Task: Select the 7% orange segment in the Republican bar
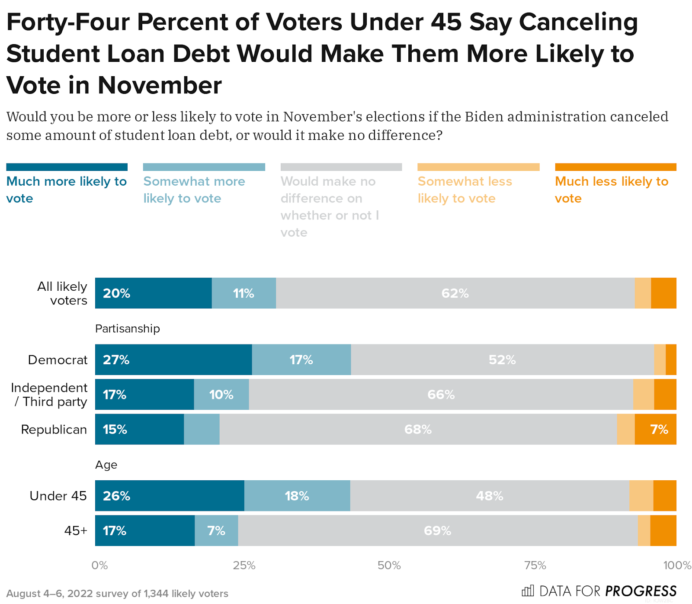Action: pos(655,429)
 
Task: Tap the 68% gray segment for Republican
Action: pos(418,429)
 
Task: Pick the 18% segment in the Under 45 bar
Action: pos(297,496)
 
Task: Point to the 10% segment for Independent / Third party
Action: pos(221,395)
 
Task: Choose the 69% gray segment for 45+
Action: pos(438,530)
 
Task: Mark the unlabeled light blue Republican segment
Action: pos(202,429)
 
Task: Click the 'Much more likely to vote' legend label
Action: pos(66,190)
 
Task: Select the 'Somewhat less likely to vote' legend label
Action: pos(465,190)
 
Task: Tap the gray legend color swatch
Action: pos(341,167)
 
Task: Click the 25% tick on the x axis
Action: pos(244,565)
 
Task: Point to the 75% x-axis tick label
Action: pos(535,565)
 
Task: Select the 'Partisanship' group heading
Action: pos(128,329)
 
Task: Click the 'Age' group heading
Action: pos(106,465)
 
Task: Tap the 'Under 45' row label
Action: pos(58,496)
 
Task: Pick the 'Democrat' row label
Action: pos(58,360)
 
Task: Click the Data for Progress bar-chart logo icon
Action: pos(528,591)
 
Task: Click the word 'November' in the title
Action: pos(160,85)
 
